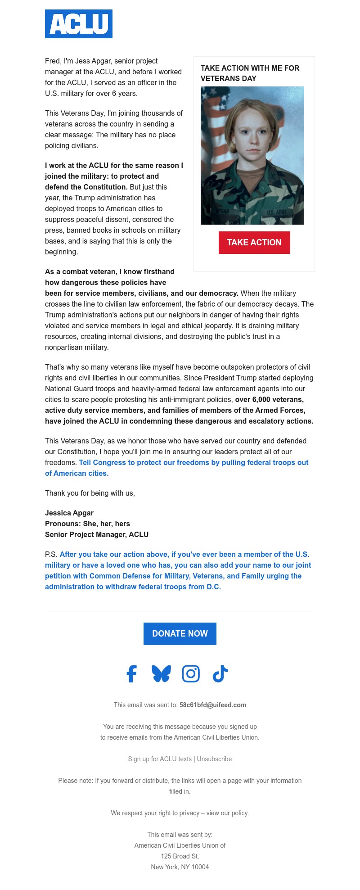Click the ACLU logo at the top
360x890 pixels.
click(x=79, y=24)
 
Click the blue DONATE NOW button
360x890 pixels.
click(x=180, y=634)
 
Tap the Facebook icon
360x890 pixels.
click(x=131, y=674)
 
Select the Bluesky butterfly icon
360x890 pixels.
click(x=161, y=674)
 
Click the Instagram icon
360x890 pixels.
click(x=191, y=674)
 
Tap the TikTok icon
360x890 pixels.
click(x=220, y=674)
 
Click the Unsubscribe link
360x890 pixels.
click(x=214, y=759)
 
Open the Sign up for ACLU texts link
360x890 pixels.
click(x=160, y=759)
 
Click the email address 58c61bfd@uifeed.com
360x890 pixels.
click(x=212, y=705)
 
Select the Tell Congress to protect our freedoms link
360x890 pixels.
click(x=193, y=463)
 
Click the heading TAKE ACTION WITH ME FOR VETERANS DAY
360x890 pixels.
click(x=250, y=73)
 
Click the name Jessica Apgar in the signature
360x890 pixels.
click(x=69, y=513)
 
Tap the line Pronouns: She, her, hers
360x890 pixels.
click(x=87, y=524)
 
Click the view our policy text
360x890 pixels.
click(x=227, y=813)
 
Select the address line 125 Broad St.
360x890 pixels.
click(x=180, y=856)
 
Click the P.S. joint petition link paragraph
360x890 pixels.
click(x=178, y=571)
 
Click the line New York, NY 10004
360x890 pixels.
click(x=180, y=867)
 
